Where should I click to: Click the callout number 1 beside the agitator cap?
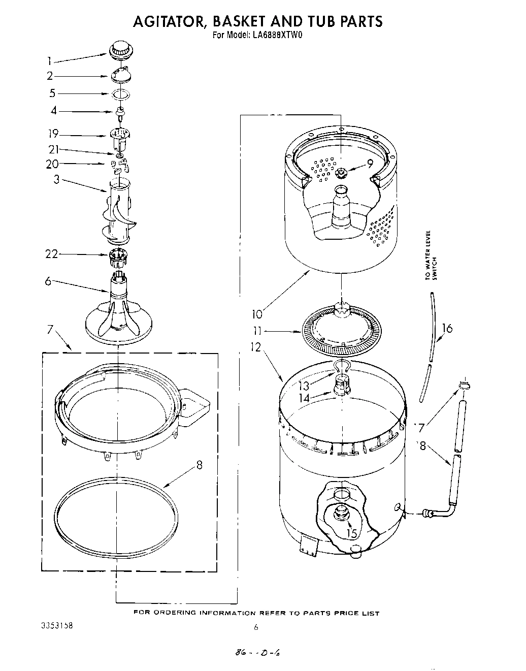[x=49, y=61]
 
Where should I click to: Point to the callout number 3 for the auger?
[x=56, y=179]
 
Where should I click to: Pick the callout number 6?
[x=48, y=281]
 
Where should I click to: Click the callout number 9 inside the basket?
[x=370, y=164]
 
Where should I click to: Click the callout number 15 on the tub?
[x=351, y=533]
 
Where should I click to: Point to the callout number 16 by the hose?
[x=447, y=328]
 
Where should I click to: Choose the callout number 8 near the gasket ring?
[x=200, y=465]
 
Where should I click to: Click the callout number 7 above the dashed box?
[x=50, y=330]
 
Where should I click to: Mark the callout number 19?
[x=53, y=134]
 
